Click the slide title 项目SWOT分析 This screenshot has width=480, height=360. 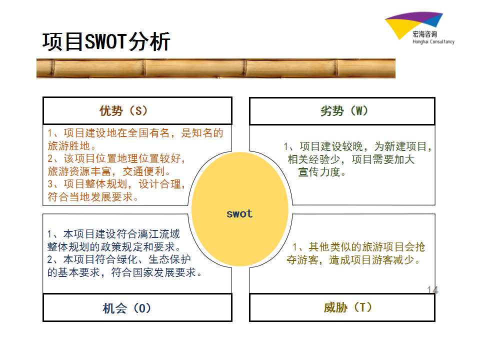[106, 41]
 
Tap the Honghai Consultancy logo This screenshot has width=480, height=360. [419, 28]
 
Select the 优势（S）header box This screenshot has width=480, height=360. [137, 110]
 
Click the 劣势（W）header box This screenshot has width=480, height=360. [342, 111]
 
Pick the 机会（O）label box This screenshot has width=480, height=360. [137, 307]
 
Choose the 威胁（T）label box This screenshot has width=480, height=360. [342, 307]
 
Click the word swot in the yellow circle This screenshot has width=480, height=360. [239, 213]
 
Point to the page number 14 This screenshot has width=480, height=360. [432, 289]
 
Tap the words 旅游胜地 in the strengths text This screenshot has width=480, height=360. [68, 145]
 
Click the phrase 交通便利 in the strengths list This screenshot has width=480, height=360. [144, 171]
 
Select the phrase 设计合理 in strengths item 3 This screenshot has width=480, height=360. [160, 184]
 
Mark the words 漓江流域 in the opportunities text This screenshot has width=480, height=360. [158, 234]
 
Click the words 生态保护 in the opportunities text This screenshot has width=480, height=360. [169, 259]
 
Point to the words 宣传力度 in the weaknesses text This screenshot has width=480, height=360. [319, 171]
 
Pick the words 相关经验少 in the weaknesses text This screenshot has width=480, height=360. [314, 159]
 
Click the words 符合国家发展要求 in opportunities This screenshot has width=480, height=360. [153, 272]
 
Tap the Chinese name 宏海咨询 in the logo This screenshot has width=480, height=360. [425, 34]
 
